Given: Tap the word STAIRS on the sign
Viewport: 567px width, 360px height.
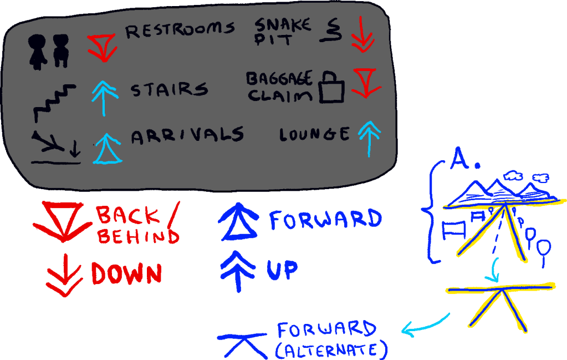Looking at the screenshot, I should tap(169, 89).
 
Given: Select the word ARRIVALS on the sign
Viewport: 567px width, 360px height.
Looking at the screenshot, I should tap(187, 135).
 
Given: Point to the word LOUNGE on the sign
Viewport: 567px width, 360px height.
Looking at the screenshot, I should tap(315, 134).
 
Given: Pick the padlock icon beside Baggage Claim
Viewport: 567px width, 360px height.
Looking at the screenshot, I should tap(332, 88).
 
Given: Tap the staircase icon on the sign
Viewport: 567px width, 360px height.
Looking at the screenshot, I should tap(53, 102).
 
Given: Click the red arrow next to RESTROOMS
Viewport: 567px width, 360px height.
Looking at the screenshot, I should tap(102, 47).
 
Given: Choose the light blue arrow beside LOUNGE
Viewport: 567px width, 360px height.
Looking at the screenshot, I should tap(366, 139).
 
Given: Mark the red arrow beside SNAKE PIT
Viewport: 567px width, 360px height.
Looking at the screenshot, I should tap(364, 34).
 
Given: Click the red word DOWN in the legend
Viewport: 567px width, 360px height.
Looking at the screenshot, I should tap(126, 273).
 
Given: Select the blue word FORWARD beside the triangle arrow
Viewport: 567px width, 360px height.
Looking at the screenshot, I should tap(325, 220).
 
